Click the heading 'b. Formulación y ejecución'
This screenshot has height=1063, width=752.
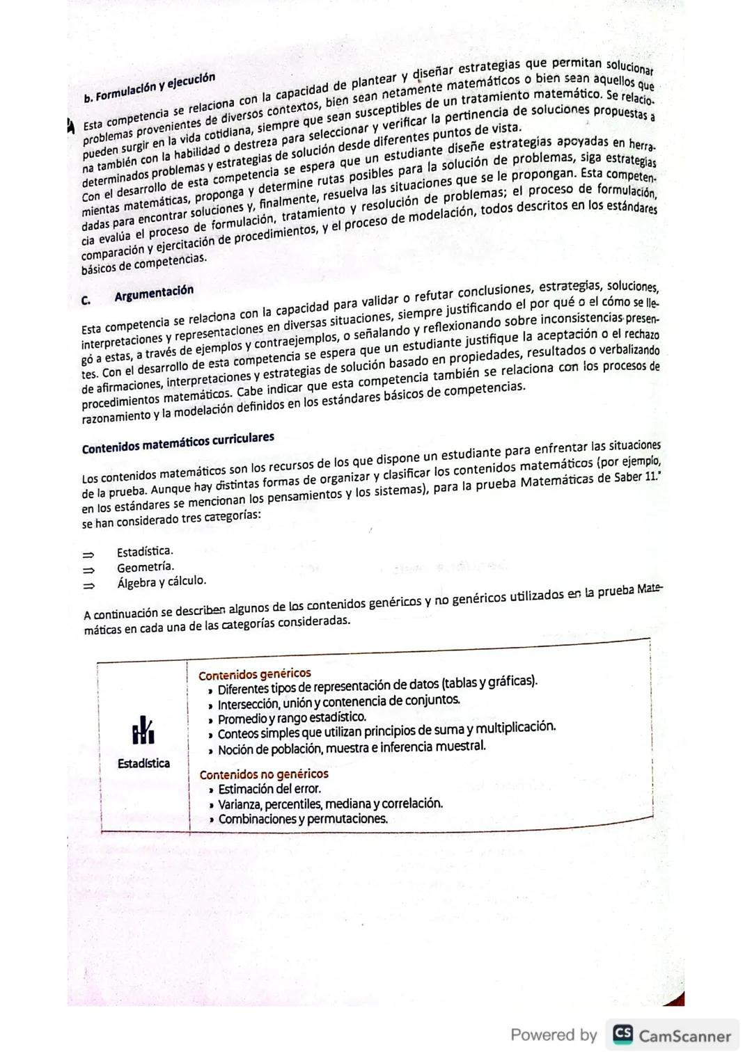tap(149, 87)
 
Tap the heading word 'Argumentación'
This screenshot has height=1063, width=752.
tap(154, 293)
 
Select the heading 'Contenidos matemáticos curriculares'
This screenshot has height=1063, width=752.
tap(178, 443)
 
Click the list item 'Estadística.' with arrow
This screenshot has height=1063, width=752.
tap(145, 552)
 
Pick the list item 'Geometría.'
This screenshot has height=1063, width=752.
tap(146, 567)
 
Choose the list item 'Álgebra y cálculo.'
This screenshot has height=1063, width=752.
tap(162, 582)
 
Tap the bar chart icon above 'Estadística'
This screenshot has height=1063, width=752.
tap(143, 730)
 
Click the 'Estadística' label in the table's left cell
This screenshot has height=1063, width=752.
tap(143, 763)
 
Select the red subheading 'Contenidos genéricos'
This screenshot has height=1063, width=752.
tap(254, 674)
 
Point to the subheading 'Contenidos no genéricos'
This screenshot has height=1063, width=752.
tap(263, 774)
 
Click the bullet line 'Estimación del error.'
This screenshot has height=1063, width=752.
tap(269, 789)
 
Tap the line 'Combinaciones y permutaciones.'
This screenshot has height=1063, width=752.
tap(302, 819)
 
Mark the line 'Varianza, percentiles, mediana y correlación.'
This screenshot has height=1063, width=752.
tap(330, 804)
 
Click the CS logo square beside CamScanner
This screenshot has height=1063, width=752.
tap(622, 1034)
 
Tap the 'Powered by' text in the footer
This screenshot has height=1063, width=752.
tap(554, 1035)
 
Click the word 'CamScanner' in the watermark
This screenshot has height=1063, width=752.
tap(684, 1036)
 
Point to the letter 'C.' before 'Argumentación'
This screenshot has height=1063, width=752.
tap(86, 301)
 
